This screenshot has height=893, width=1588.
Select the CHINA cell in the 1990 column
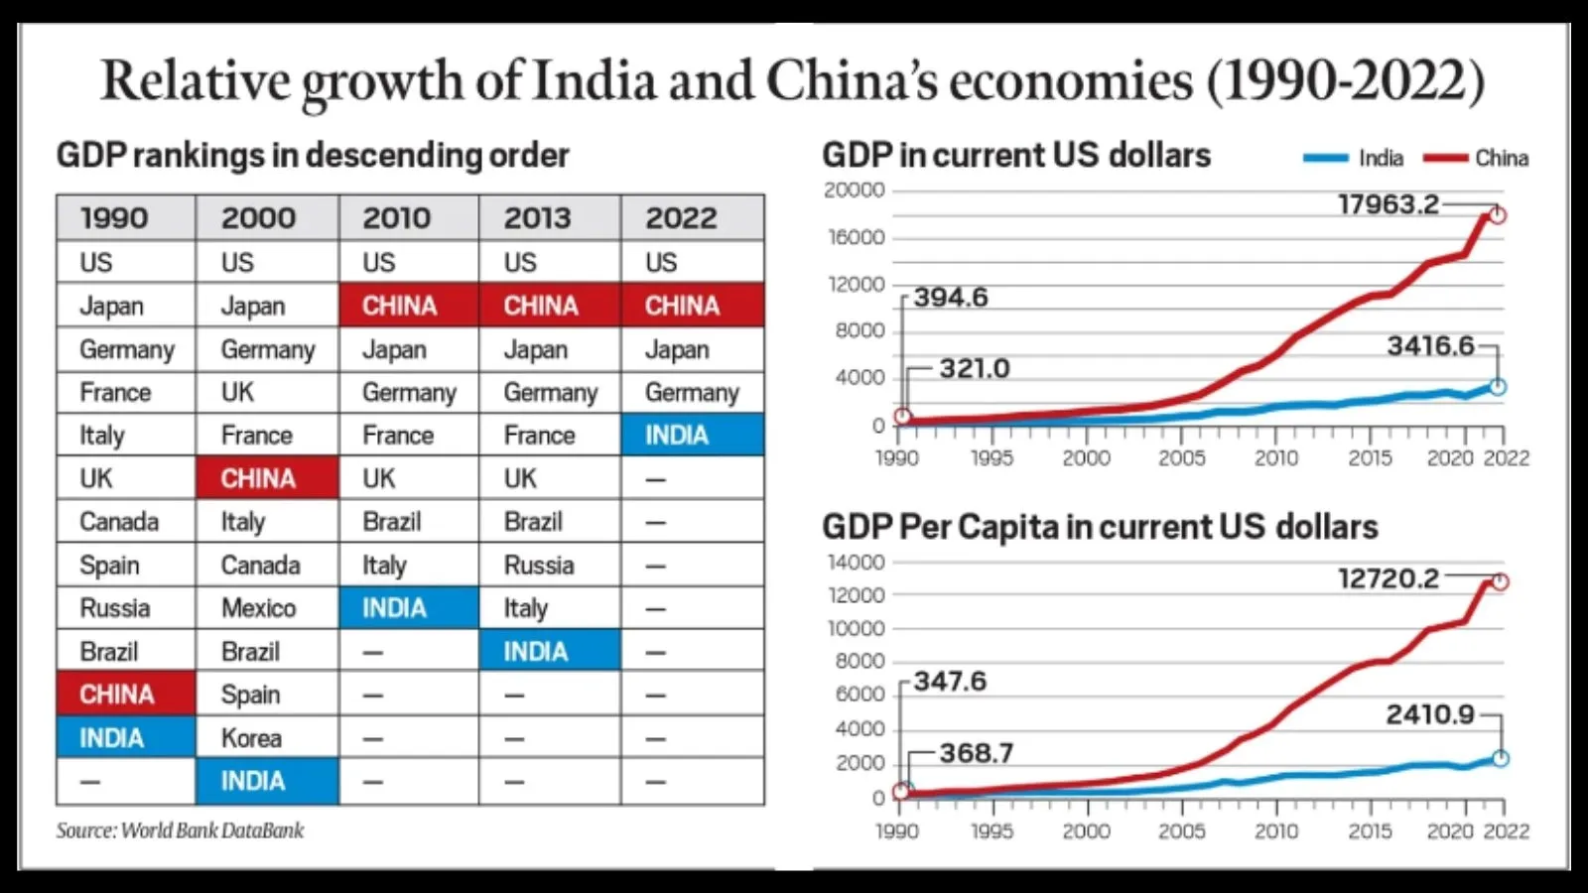pyautogui.click(x=117, y=694)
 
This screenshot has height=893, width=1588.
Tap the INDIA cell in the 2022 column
pyautogui.click(x=677, y=435)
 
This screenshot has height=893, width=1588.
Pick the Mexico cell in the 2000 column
pyautogui.click(x=258, y=607)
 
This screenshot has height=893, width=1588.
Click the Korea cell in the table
pyautogui.click(x=251, y=737)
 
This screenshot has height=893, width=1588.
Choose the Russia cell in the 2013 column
pyautogui.click(x=539, y=565)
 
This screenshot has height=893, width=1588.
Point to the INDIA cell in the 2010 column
pyautogui.click(x=394, y=607)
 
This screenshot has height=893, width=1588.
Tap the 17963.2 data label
pyautogui.click(x=1388, y=204)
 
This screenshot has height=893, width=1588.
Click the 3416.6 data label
pyautogui.click(x=1430, y=345)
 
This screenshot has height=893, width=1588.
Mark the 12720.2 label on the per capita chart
pyautogui.click(x=1388, y=577)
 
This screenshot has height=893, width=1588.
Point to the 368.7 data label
pyautogui.click(x=977, y=753)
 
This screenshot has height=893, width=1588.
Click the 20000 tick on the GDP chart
pyautogui.click(x=854, y=190)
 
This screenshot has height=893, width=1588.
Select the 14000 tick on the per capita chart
pyautogui.click(x=856, y=562)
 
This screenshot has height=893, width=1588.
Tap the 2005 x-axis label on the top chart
pyautogui.click(x=1181, y=457)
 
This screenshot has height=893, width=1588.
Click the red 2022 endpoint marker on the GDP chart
pyautogui.click(x=1498, y=215)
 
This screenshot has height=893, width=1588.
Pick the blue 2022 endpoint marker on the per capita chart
pyautogui.click(x=1501, y=758)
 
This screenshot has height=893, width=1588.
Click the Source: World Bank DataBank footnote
pyautogui.click(x=180, y=830)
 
